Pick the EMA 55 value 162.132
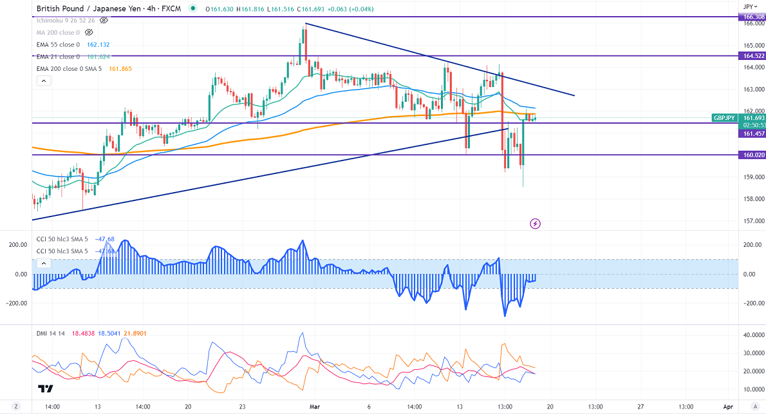pyautogui.click(x=105, y=44)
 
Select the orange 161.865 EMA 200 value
pyautogui.click(x=120, y=68)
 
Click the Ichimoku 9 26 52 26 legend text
pyautogui.click(x=65, y=20)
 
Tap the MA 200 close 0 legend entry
pyautogui.click(x=59, y=32)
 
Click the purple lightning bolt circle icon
pyautogui.click(x=535, y=224)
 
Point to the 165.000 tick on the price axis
pyautogui.click(x=752, y=46)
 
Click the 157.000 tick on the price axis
pyautogui.click(x=752, y=221)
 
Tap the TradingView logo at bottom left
pyautogui.click(x=45, y=389)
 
